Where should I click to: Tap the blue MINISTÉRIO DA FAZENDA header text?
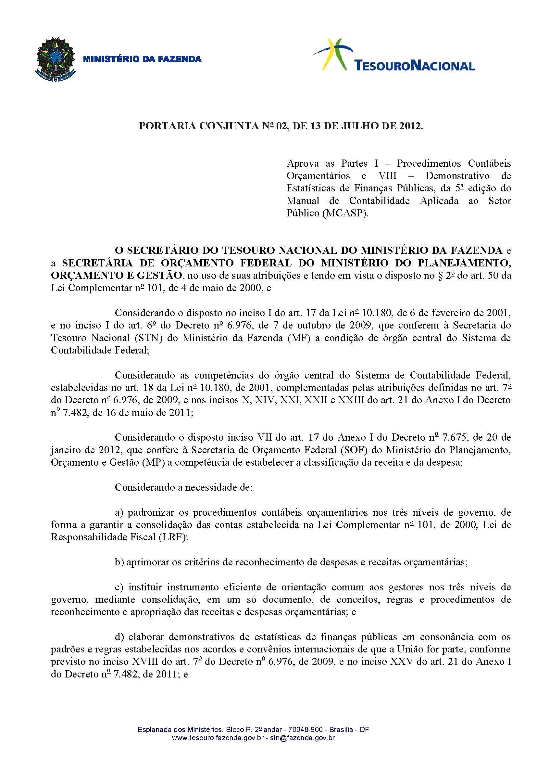pyautogui.click(x=142, y=59)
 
